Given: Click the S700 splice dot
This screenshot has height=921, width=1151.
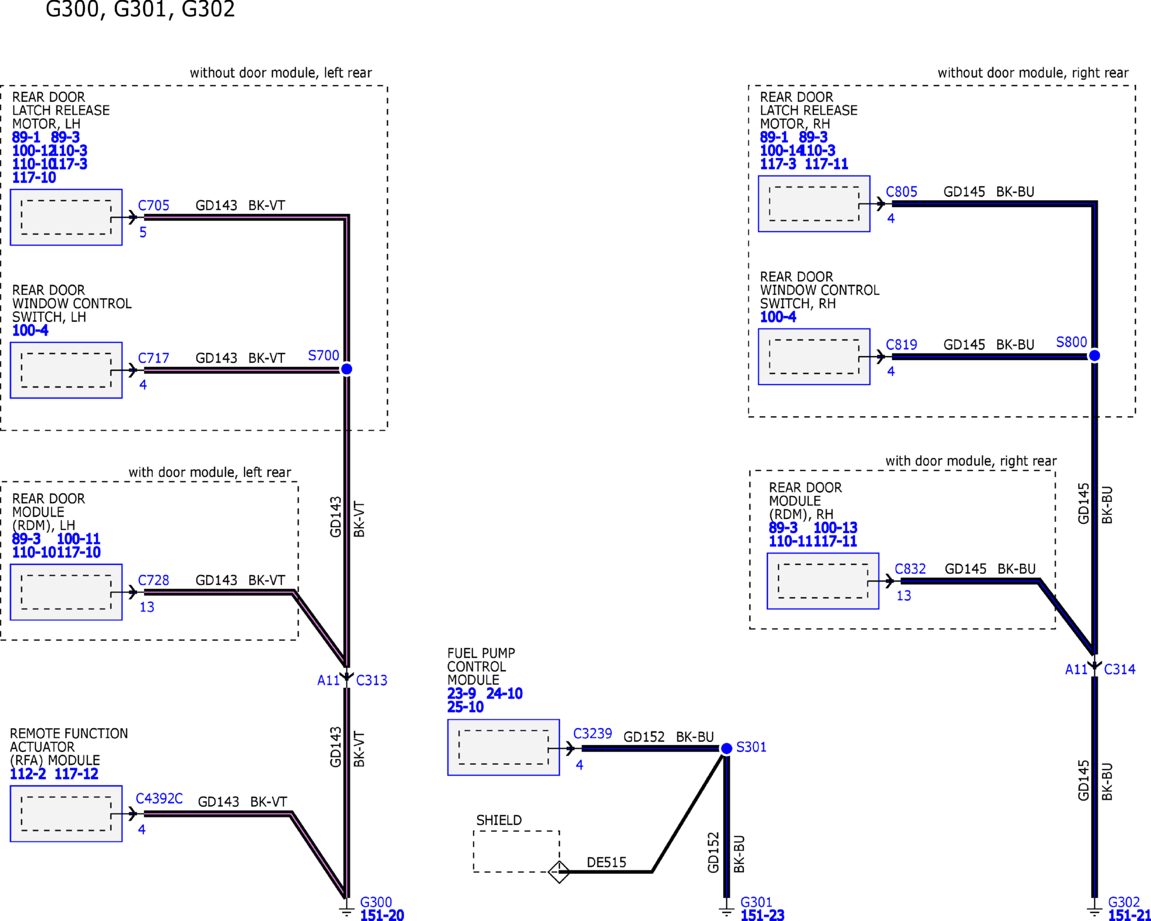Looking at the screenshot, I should click(346, 369).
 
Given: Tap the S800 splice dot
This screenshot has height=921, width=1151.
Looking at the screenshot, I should click(1094, 356).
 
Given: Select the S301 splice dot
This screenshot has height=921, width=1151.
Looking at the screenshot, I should click(726, 749).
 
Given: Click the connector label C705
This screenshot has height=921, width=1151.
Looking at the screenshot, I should click(153, 206).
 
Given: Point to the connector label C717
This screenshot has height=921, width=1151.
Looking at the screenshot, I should click(153, 358).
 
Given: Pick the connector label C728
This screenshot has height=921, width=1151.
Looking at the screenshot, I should click(153, 580).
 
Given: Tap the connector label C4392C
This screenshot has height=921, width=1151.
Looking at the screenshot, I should click(159, 799).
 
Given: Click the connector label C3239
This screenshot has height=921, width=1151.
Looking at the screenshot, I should click(592, 734).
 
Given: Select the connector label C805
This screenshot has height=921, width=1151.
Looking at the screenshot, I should click(901, 192).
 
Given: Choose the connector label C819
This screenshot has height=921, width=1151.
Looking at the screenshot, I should click(901, 345).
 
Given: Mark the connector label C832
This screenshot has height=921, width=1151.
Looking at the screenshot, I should click(910, 569).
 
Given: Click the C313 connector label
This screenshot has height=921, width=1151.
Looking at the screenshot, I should click(372, 680).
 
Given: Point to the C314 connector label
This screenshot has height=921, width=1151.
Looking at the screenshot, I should click(1120, 670).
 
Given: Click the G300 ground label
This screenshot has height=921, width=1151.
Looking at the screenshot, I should click(376, 903).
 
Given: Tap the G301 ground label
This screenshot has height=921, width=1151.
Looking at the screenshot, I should click(756, 903).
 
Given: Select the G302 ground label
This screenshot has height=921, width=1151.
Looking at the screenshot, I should click(1124, 903).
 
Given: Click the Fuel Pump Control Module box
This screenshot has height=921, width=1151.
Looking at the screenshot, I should click(503, 748).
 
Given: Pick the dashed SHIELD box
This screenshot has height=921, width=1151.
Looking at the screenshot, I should click(516, 852).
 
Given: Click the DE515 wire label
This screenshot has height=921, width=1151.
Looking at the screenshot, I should click(606, 863).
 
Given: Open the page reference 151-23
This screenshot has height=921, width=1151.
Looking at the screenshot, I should click(762, 915).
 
